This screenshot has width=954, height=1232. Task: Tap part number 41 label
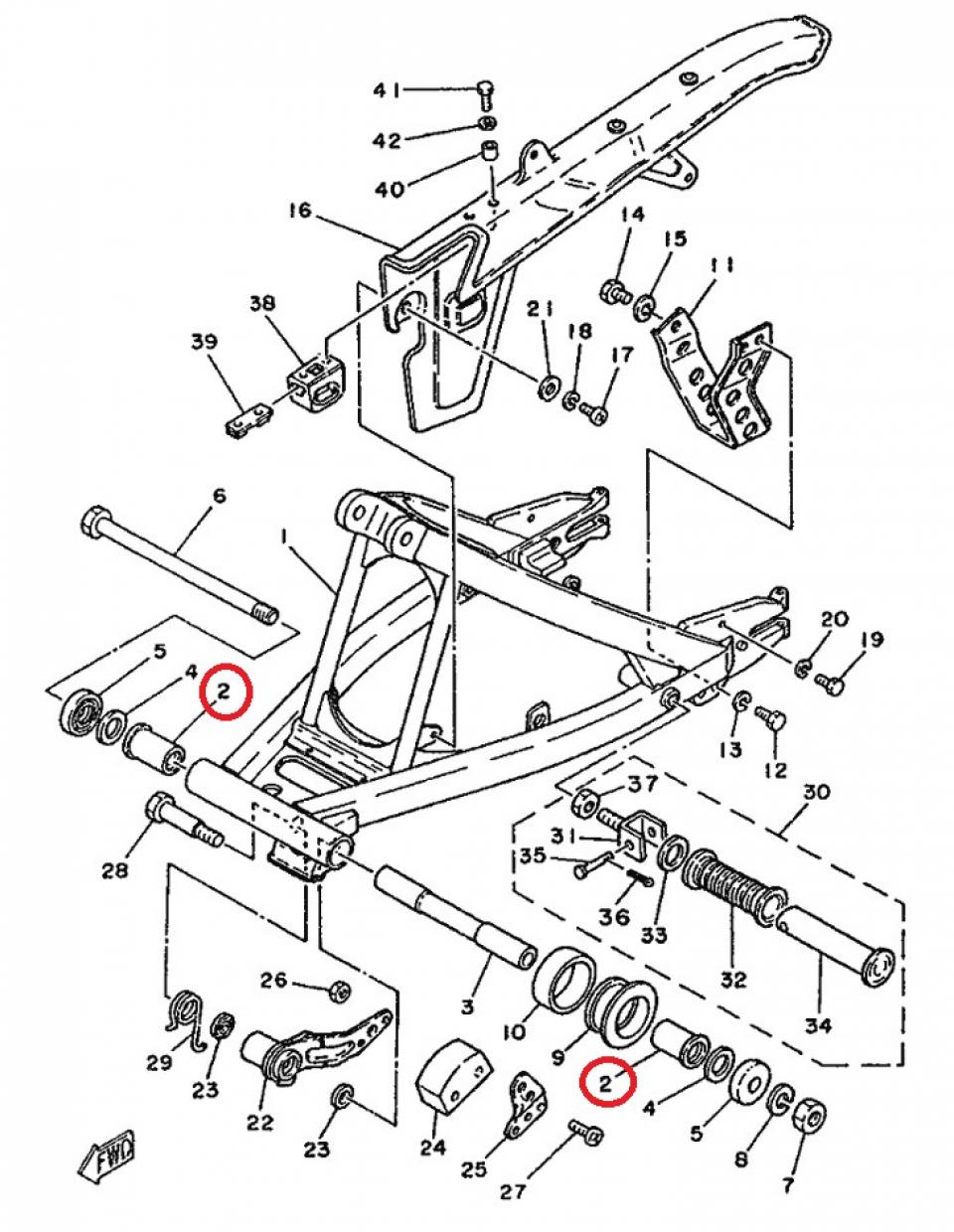[387, 90]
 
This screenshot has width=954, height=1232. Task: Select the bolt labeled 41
[485, 94]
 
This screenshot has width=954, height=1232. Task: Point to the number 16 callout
[300, 211]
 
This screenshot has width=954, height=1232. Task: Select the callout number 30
[816, 792]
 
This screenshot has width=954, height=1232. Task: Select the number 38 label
[263, 303]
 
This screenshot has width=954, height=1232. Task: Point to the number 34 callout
[818, 1025]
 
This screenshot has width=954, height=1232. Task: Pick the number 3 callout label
[466, 1006]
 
